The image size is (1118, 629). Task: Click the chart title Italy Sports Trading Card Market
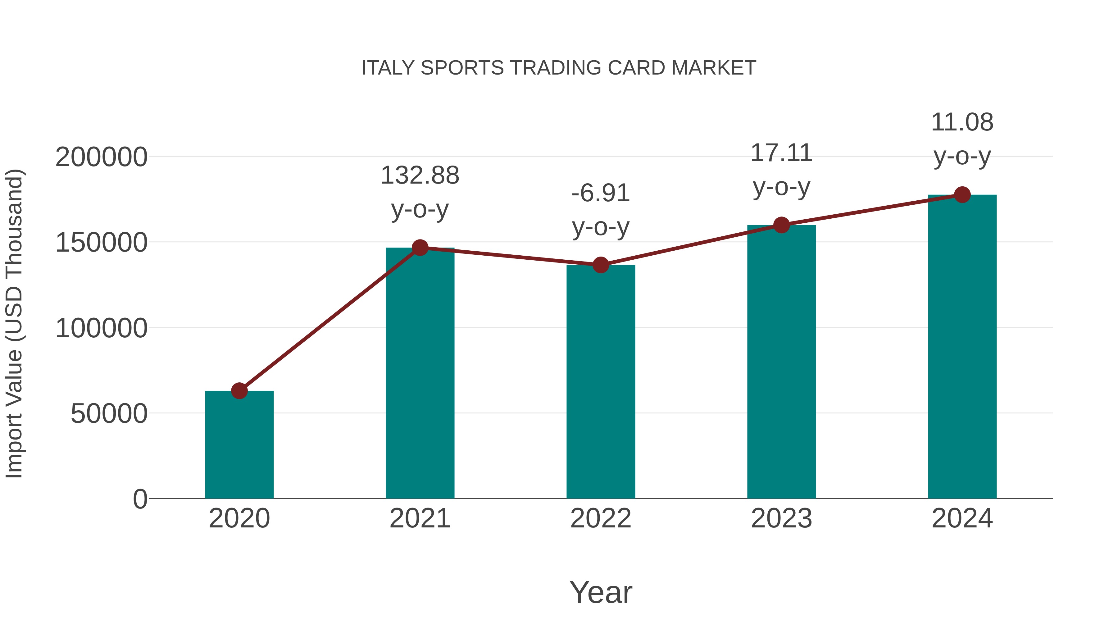click(x=559, y=68)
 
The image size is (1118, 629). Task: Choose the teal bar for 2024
click(x=962, y=347)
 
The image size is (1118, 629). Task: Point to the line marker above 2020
click(x=239, y=391)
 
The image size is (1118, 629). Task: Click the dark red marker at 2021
click(x=420, y=248)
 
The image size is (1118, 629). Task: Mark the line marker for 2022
click(x=601, y=265)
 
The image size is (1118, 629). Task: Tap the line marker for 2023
click(x=781, y=225)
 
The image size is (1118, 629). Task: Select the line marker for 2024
click(x=962, y=195)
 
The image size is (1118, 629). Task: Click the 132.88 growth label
click(x=420, y=176)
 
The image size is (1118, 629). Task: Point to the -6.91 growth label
click(x=601, y=194)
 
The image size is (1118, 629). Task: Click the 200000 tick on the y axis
click(x=101, y=157)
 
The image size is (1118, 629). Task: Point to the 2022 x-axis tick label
click(x=601, y=519)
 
